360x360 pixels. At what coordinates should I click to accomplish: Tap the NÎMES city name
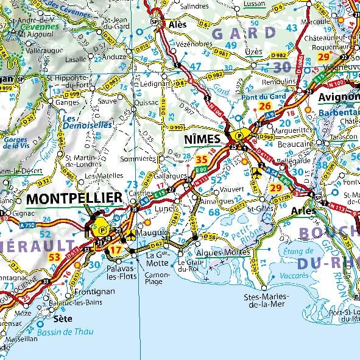click(202, 139)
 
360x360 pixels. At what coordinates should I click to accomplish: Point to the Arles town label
click(303, 211)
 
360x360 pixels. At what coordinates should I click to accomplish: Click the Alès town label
click(177, 24)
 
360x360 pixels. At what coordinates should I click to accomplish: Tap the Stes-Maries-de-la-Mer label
click(266, 301)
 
